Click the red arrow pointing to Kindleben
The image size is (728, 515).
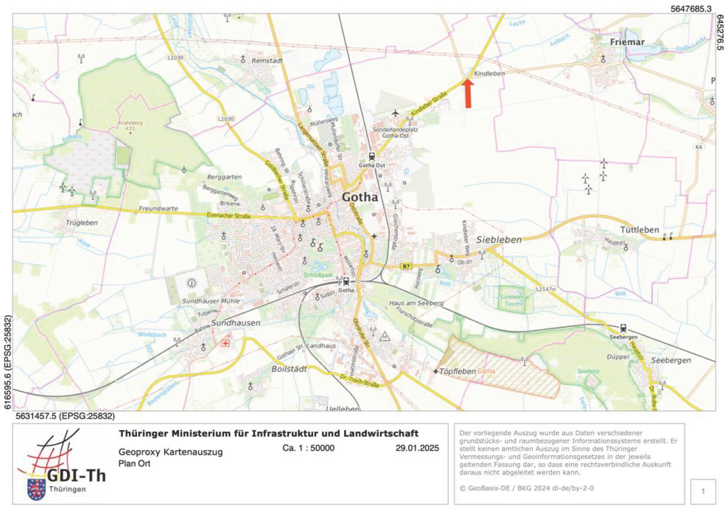[468, 94]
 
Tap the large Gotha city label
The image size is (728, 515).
[360, 197]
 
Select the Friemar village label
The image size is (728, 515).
[627, 42]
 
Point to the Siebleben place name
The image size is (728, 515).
[499, 240]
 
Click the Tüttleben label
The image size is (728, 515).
[639, 230]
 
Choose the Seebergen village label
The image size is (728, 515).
[671, 360]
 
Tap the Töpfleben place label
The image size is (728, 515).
[457, 371]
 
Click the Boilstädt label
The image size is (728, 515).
[289, 369]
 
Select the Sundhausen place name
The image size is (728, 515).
[236, 323]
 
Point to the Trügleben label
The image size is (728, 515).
[81, 223]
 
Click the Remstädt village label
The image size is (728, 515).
[267, 60]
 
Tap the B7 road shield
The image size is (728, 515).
[406, 266]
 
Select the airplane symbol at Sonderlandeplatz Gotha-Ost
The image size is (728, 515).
[396, 112]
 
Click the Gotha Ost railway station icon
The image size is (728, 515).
[372, 157]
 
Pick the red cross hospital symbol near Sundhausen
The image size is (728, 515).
[225, 343]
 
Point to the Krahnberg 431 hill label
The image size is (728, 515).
[130, 125]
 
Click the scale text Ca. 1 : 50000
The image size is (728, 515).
[308, 448]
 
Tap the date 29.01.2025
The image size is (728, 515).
[417, 448]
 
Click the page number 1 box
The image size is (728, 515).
[703, 491]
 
